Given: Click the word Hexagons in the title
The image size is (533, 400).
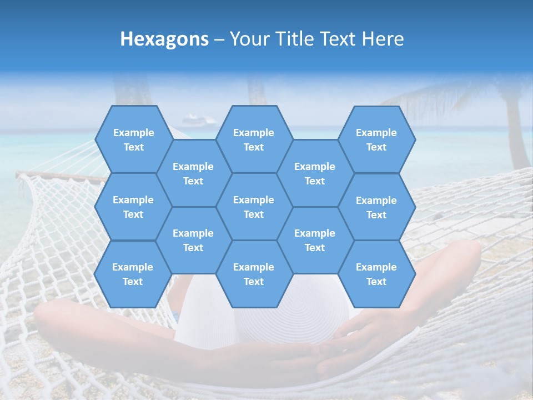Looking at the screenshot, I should point(164,39).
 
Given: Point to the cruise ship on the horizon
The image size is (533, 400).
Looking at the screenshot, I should point(194,119).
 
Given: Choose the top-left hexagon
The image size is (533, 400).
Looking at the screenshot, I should point(133,139).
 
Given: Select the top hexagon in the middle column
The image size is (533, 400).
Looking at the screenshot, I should point(254,139).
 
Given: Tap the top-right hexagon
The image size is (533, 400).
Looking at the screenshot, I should point(376,139).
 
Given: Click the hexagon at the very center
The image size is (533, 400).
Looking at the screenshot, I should point(254,207).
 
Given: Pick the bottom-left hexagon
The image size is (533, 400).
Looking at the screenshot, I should point(133,274).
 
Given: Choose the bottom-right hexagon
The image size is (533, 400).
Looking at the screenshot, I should point(376,274).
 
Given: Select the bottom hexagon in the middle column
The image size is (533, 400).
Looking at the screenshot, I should point(254,274).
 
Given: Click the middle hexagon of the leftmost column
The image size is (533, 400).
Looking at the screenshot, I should point(133,207).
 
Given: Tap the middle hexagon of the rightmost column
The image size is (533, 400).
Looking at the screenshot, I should point(376,207).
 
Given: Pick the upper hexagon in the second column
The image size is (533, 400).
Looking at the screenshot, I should point(193,173).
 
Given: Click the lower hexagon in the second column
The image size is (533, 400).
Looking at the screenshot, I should point(193,240).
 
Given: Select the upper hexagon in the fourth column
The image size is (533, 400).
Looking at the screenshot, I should point(315,173).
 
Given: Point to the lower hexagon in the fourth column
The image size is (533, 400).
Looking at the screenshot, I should point(315,240).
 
